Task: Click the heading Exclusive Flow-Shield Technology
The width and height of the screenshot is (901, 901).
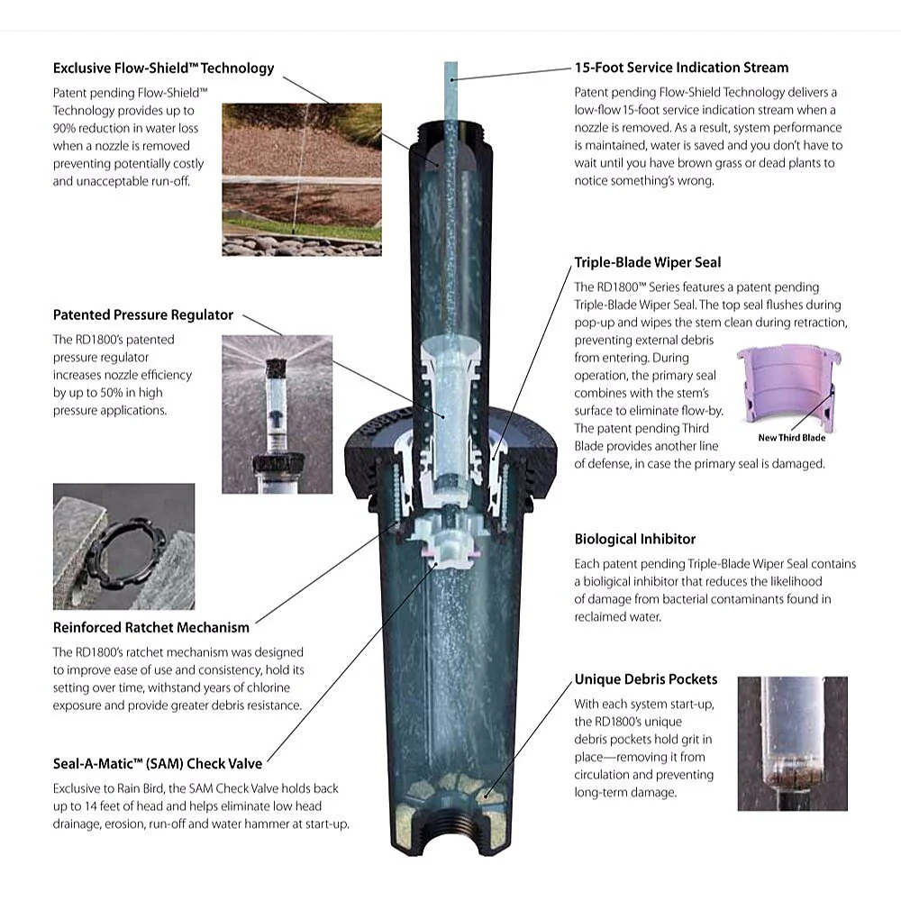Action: point(163,68)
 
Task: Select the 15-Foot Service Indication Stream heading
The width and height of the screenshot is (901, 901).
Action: point(681,68)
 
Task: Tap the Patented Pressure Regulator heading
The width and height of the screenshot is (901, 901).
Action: point(143,314)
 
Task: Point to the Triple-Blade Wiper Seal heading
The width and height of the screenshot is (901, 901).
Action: point(648,262)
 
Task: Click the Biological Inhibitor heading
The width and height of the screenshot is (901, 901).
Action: point(635,539)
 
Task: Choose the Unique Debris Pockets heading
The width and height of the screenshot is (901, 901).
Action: point(646,679)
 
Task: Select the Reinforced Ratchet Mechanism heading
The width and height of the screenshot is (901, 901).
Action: point(151,627)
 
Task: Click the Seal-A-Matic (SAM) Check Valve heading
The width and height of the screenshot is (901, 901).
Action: point(158,764)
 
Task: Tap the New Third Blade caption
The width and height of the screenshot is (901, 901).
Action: point(791,438)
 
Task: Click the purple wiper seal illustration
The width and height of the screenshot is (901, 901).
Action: point(788,385)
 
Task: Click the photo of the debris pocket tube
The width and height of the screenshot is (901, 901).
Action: point(792,743)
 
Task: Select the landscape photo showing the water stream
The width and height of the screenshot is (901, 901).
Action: point(302,179)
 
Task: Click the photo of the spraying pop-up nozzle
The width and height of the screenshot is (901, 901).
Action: point(277,414)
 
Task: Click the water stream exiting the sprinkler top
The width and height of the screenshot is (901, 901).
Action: point(451,92)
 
